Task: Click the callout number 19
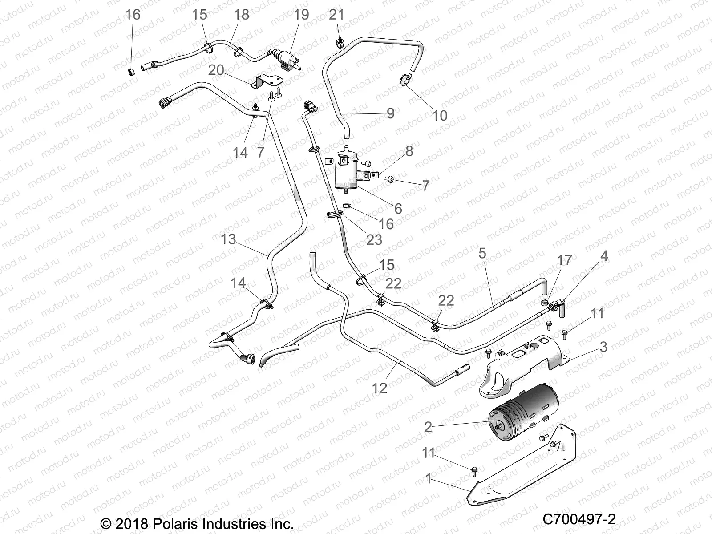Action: (301, 15)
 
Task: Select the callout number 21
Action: (336, 15)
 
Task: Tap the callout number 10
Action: (440, 116)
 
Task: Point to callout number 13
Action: (228, 239)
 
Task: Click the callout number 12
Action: (380, 388)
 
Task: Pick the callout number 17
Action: (565, 260)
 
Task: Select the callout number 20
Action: (216, 70)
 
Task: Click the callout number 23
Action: (374, 240)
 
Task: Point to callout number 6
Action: (398, 208)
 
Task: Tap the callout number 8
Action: (409, 151)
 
